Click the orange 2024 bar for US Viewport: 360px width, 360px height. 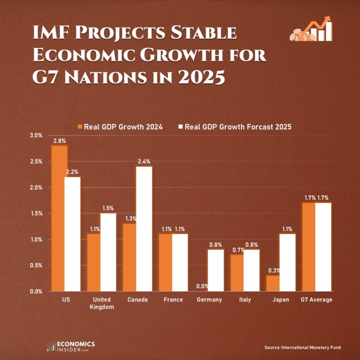(x=59, y=218)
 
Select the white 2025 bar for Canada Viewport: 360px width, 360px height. (x=144, y=229)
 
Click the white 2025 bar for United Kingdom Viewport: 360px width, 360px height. (x=108, y=252)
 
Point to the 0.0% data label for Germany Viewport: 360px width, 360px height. (x=202, y=286)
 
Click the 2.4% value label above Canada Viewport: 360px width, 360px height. (x=144, y=161)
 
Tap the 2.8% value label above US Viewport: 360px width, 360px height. (x=59, y=140)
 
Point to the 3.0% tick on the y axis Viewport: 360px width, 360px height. (x=36, y=135)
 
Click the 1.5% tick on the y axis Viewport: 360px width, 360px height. (x=36, y=213)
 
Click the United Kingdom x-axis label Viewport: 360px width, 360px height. (x=101, y=303)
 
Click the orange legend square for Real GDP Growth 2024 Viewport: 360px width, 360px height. (x=80, y=127)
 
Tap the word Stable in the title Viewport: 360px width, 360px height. (x=201, y=35)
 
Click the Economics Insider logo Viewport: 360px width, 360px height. (x=71, y=346)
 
